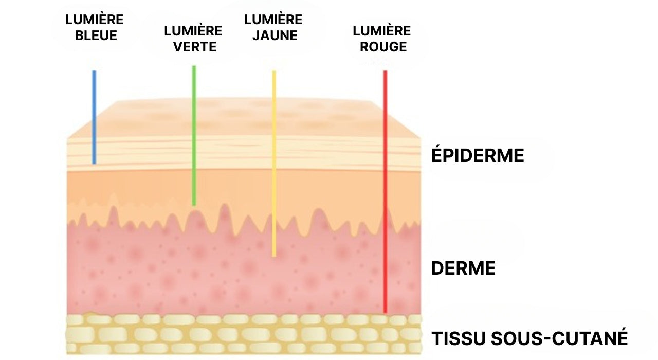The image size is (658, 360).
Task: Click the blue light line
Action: pos(94,117)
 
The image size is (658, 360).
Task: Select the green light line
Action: pos(194,136)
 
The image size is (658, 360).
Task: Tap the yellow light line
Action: pos(274,164)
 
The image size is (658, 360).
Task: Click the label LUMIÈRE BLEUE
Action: pos(95,28)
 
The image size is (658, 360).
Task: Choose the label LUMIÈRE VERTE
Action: pos(193,39)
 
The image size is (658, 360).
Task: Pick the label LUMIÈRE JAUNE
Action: pos(273,28)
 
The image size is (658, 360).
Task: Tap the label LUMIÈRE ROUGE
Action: pos(382,39)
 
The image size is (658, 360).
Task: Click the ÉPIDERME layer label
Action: pos(478,155)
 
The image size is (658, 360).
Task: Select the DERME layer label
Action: pos(463,268)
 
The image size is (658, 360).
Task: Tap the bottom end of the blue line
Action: pos(94,163)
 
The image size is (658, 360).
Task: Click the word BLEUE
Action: pos(96,36)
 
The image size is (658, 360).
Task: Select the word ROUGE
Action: pos(383,47)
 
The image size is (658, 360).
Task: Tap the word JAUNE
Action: pos(275,36)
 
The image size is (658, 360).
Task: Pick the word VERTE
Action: pos(195,47)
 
